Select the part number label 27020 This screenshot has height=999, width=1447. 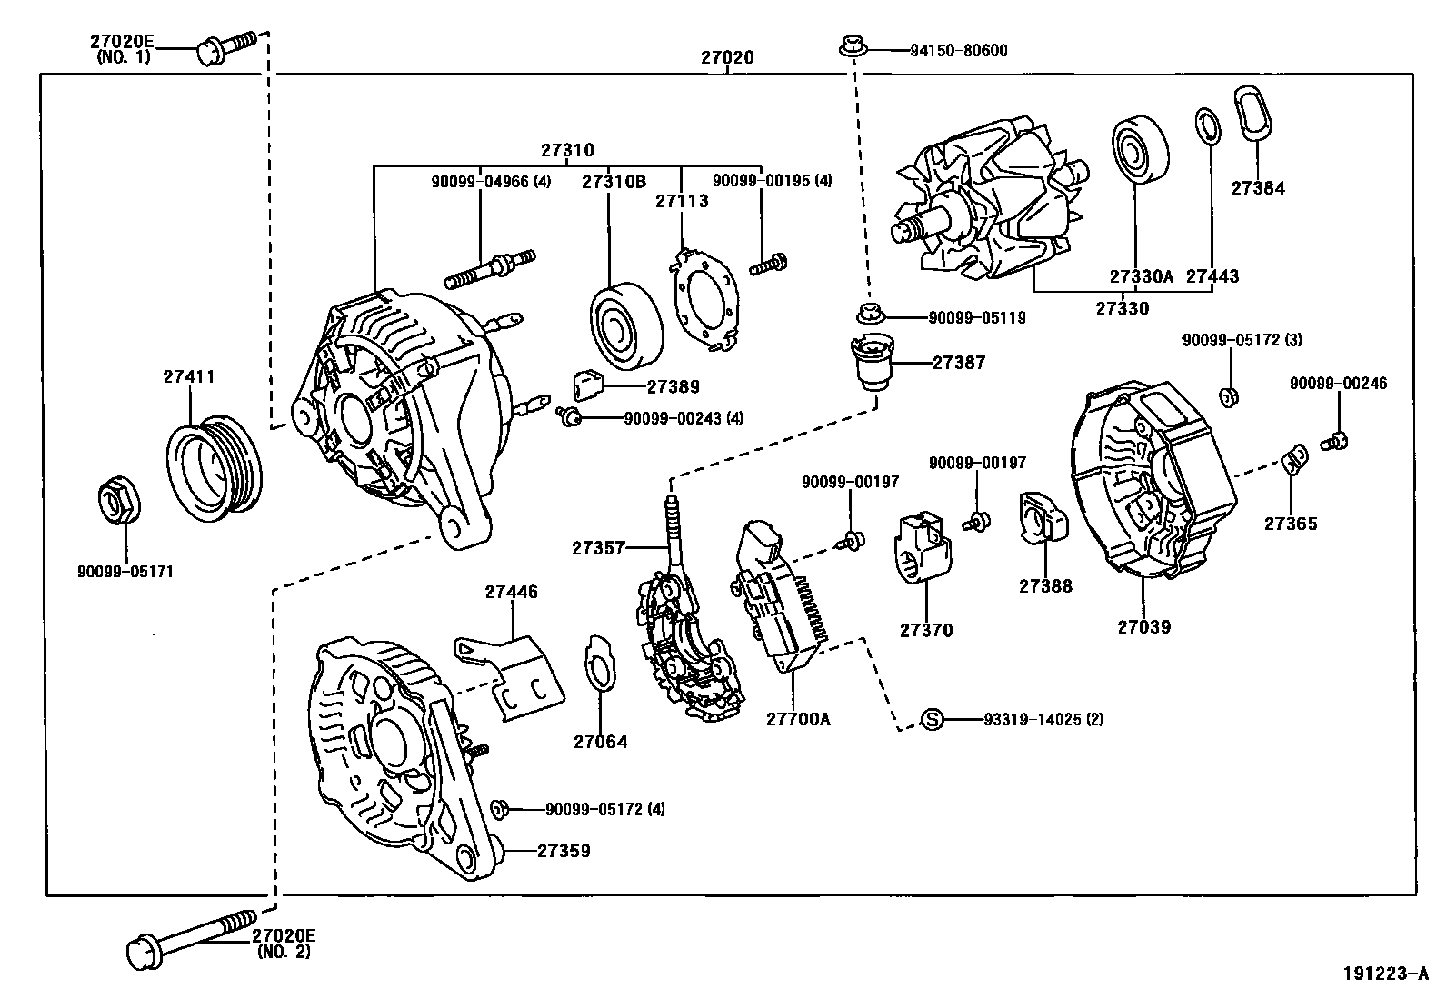(727, 58)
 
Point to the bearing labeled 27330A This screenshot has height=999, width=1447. (1136, 151)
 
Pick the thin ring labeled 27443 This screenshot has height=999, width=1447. (1206, 125)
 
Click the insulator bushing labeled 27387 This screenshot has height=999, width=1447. (872, 361)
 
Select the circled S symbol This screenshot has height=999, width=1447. (932, 719)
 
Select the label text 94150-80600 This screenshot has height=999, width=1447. (958, 51)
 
